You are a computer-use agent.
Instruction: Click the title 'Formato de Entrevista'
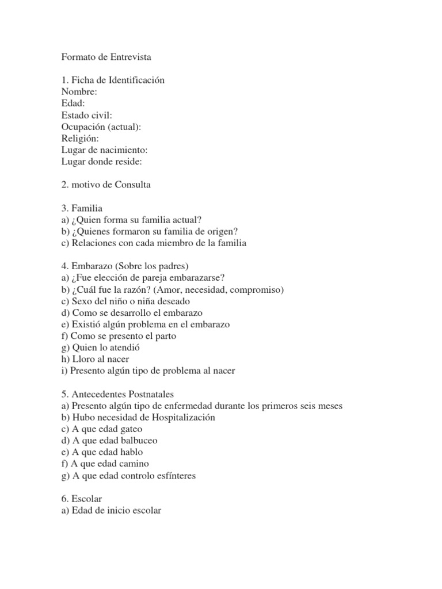[x=106, y=58]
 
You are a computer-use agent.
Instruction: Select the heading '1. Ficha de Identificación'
[x=113, y=81]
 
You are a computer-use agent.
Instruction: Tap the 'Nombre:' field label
[x=79, y=92]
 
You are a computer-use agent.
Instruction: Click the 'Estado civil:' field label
[x=86, y=115]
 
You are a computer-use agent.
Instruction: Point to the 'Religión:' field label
[x=80, y=139]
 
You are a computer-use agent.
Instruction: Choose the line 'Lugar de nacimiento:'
[x=101, y=150]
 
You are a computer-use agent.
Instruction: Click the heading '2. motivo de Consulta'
[x=106, y=185]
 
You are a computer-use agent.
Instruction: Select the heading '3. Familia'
[x=82, y=208]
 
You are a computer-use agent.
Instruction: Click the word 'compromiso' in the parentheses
[x=258, y=289]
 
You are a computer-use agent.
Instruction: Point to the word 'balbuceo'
[x=138, y=441]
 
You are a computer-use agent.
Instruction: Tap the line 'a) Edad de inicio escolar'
[x=111, y=510]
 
